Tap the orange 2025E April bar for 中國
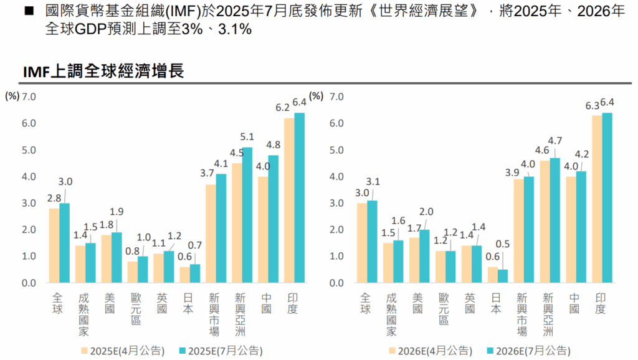[x=263, y=230]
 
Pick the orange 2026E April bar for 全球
[x=362, y=243]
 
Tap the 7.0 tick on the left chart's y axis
[x=29, y=97]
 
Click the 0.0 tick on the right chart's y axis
[x=337, y=283]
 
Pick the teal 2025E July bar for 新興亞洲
[x=247, y=215]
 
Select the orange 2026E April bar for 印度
[x=597, y=199]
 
